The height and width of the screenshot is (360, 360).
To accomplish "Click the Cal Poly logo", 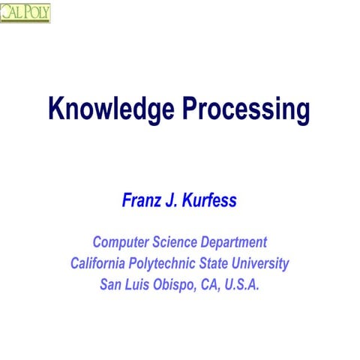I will pyautogui.click(x=25, y=12).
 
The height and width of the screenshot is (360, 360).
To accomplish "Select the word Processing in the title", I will pyautogui.click(x=245, y=109).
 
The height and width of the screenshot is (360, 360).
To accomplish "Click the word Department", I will pyautogui.click(x=233, y=242).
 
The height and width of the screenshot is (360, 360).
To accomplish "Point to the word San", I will pyautogui.click(x=110, y=285).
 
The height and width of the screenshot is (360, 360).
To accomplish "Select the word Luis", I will pyautogui.click(x=140, y=285).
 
